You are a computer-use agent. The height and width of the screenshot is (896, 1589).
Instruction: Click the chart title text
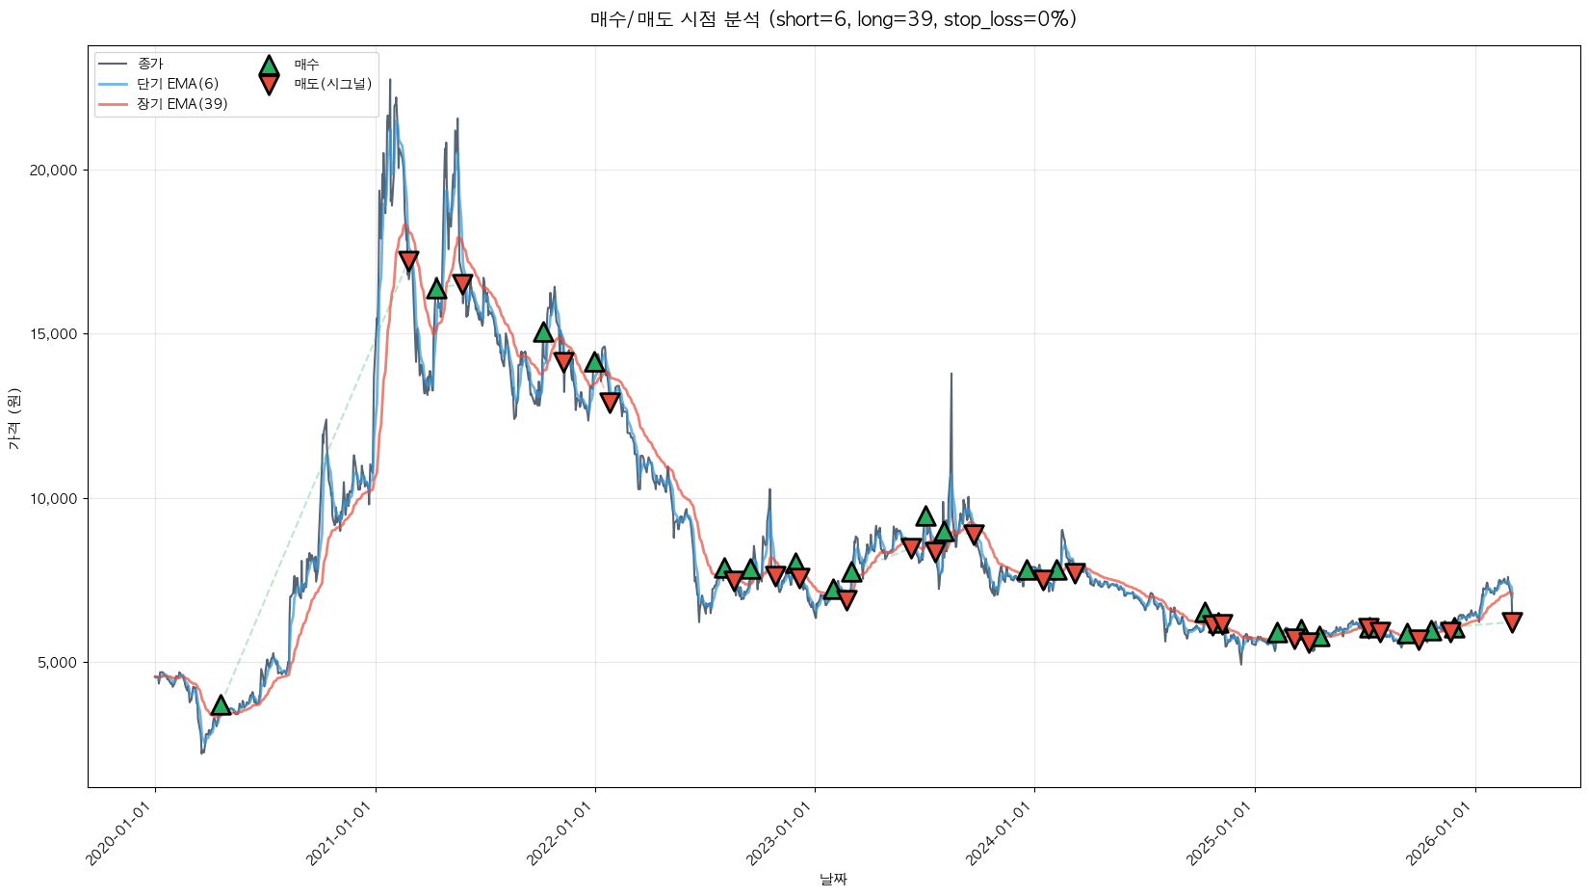coord(833,19)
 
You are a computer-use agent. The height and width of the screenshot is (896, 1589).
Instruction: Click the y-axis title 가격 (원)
coord(13,418)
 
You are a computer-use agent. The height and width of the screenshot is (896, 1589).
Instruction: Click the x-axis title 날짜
coord(833,879)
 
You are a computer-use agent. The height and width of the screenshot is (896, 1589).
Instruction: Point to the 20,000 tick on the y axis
coord(54,171)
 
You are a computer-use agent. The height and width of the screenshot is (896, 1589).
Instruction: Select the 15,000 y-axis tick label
coord(54,334)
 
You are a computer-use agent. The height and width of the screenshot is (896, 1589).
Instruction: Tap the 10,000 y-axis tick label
coord(54,499)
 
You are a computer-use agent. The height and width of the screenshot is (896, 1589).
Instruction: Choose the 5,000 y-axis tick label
coord(58,663)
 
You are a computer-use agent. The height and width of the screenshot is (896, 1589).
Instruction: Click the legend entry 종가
coord(150,64)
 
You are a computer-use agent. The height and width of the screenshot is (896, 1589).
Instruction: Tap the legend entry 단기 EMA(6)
coord(178,84)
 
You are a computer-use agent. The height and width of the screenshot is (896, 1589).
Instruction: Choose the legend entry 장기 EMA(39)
coord(182,104)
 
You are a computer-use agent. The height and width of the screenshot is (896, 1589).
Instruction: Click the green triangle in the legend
coord(269,66)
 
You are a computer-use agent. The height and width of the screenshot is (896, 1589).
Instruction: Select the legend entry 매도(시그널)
coord(333,84)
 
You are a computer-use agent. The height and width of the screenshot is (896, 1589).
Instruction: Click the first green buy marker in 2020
coord(221,705)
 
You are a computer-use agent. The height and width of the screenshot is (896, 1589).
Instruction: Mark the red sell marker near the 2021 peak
coord(408,260)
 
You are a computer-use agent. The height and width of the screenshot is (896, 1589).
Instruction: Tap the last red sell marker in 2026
coord(1512,622)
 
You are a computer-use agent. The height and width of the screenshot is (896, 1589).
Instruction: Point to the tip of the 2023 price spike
coord(951,374)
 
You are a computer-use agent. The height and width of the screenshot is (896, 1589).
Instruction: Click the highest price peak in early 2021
coord(390,80)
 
